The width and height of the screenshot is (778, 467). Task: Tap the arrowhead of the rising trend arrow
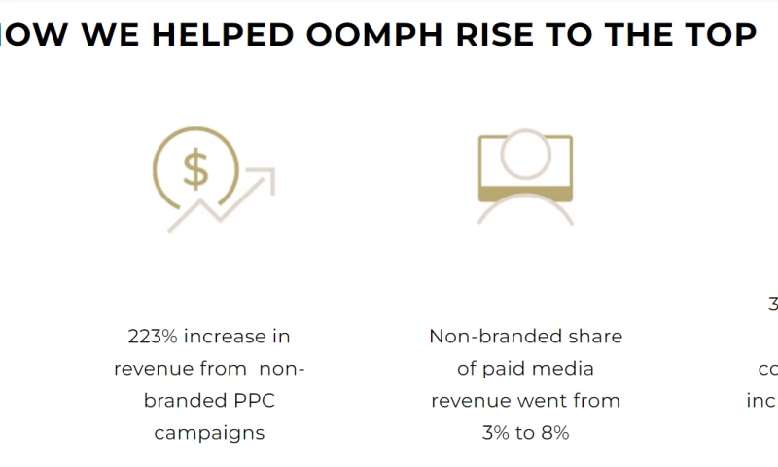coord(265,177)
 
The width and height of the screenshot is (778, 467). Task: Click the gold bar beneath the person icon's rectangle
coord(525,193)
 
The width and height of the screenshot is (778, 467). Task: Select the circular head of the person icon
coord(525,155)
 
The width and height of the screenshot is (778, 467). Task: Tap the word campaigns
coord(209,433)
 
